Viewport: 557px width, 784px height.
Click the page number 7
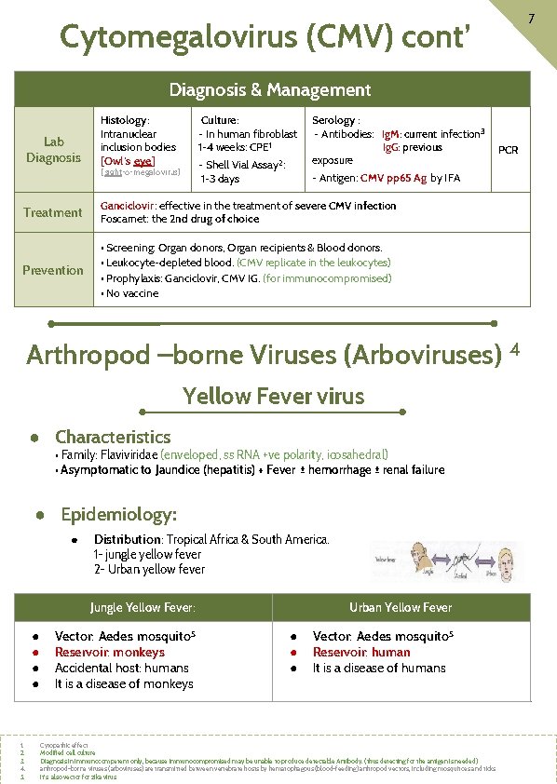[x=529, y=19]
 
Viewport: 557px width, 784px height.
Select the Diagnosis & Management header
[x=269, y=90]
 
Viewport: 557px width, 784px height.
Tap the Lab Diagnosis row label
[x=54, y=150]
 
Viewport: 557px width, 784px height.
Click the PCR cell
[x=509, y=149]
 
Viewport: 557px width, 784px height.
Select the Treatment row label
[x=53, y=212]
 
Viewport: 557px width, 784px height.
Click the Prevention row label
[x=53, y=270]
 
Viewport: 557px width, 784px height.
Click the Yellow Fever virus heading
[x=274, y=397]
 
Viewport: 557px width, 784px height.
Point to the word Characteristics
[x=113, y=437]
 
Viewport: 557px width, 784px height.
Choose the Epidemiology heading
[x=118, y=514]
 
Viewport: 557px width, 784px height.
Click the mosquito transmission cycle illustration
[x=446, y=562]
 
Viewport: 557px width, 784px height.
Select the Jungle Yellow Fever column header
[x=143, y=608]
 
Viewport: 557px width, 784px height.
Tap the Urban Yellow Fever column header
[x=401, y=608]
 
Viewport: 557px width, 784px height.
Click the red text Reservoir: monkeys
[x=110, y=652]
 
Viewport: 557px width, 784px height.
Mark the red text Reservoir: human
[x=361, y=652]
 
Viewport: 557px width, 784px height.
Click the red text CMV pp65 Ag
[x=393, y=178]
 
